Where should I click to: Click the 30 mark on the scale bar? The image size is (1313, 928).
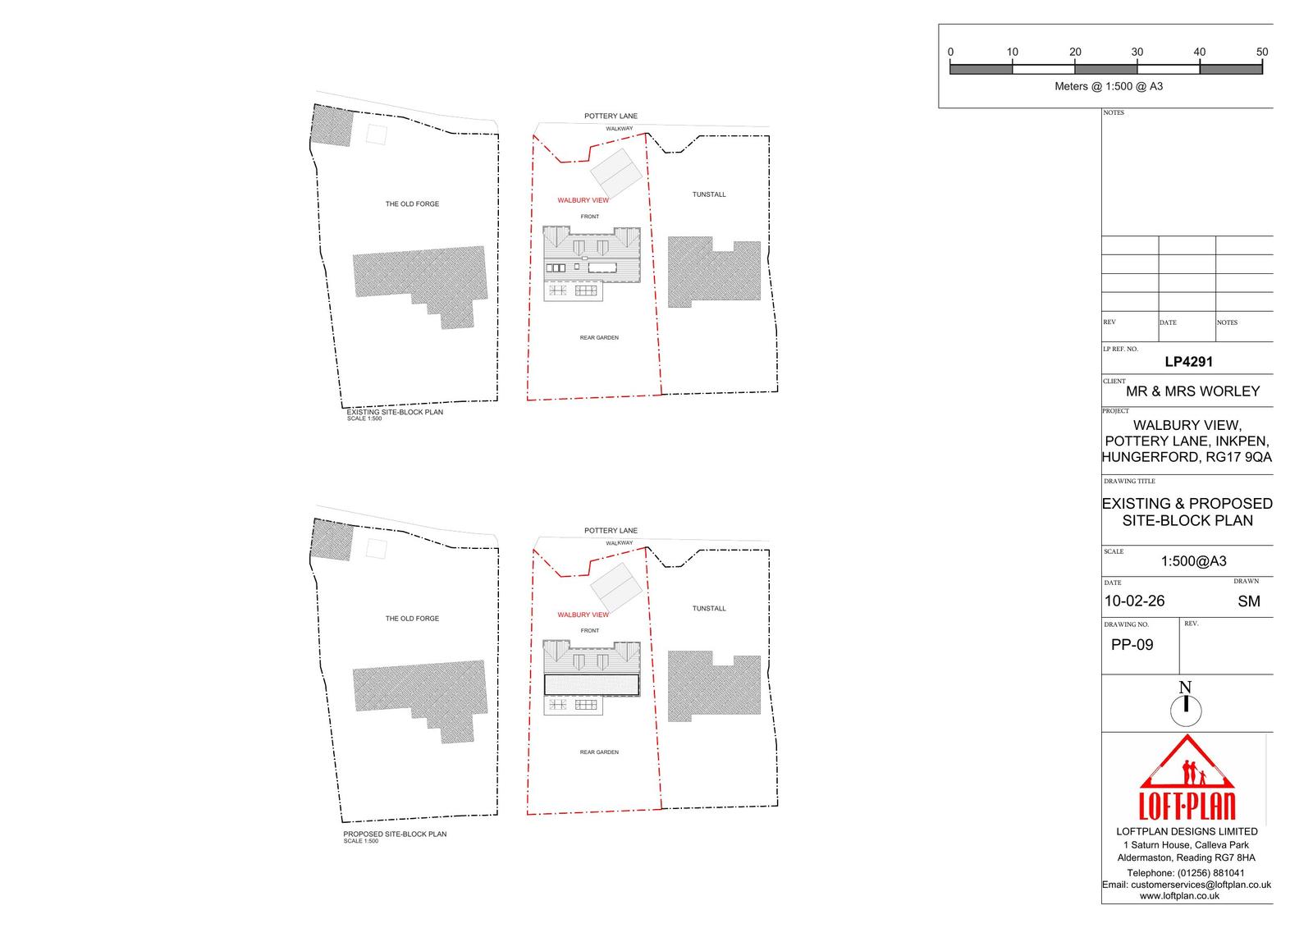1137,52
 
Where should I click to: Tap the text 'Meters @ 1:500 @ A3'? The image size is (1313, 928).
1109,86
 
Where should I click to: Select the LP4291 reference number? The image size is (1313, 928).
1188,362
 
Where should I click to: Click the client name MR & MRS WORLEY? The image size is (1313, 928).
1193,391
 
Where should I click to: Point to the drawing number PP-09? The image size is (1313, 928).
1132,645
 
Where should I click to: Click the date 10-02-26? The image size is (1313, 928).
1134,601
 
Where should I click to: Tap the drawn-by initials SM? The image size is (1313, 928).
1248,601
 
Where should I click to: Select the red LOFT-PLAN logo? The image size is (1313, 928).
1187,777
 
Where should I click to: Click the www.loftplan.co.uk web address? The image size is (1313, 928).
1179,896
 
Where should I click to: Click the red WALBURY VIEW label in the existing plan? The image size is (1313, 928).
583,200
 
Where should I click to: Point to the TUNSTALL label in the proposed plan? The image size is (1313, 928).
709,609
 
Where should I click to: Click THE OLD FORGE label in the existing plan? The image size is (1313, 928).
412,204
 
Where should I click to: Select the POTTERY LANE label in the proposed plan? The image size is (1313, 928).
611,531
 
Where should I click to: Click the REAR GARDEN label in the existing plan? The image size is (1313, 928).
599,338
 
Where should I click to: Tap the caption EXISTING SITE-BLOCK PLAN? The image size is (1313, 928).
395,412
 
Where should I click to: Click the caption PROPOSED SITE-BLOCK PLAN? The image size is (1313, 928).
395,834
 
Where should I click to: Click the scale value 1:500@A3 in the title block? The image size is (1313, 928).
1193,561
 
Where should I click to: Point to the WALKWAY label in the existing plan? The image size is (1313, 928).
619,128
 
